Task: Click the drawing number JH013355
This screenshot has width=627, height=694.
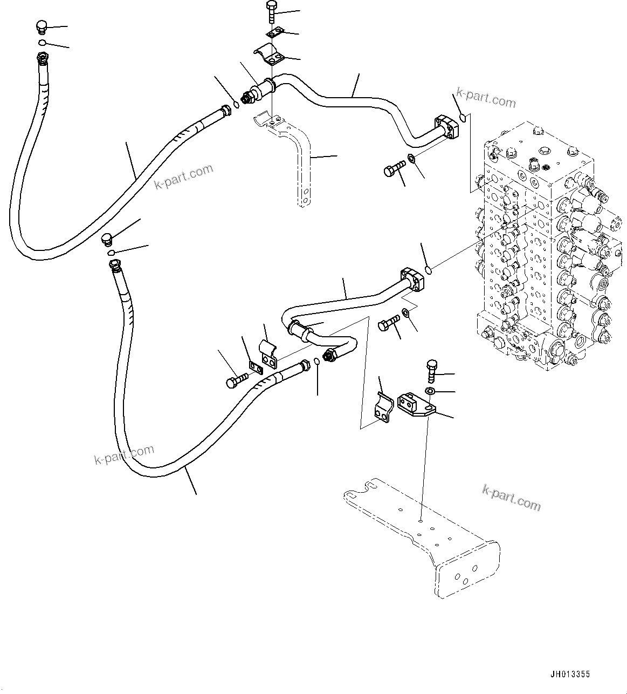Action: pos(570,674)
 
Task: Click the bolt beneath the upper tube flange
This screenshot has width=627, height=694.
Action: pos(393,168)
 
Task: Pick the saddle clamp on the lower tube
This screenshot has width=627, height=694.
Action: pos(268,351)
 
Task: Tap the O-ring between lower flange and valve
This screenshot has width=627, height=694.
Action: pos(427,269)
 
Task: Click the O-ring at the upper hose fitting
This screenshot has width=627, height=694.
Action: pos(236,105)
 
